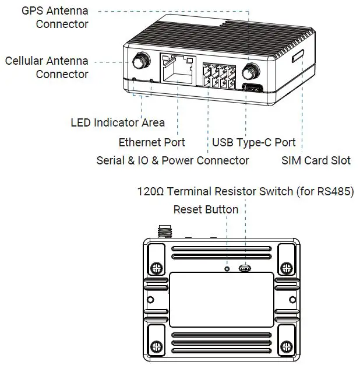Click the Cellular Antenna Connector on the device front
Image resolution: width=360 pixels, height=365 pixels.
pyautogui.click(x=140, y=61)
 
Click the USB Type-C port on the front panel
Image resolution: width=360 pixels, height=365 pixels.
pyautogui.click(x=252, y=89)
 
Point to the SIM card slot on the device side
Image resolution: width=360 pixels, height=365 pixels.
pyautogui.click(x=298, y=56)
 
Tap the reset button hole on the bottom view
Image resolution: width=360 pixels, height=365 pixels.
pyautogui.click(x=228, y=268)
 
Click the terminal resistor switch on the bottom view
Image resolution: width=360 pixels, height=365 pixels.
pyautogui.click(x=245, y=268)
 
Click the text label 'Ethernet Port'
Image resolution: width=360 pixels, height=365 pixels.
pyautogui.click(x=151, y=142)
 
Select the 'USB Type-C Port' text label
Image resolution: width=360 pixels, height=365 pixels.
pyautogui.click(x=253, y=142)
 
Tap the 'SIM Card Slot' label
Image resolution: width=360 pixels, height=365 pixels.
pyautogui.click(x=316, y=160)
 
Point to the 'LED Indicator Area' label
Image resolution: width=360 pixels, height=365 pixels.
pyautogui.click(x=117, y=122)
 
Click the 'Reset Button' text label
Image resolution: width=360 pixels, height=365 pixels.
pyautogui.click(x=206, y=209)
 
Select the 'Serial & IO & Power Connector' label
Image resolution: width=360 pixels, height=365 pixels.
pyautogui.click(x=172, y=160)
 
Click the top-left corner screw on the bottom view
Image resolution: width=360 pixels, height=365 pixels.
pyautogui.click(x=156, y=268)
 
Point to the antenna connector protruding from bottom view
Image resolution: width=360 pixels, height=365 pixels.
pyautogui.click(x=163, y=231)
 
